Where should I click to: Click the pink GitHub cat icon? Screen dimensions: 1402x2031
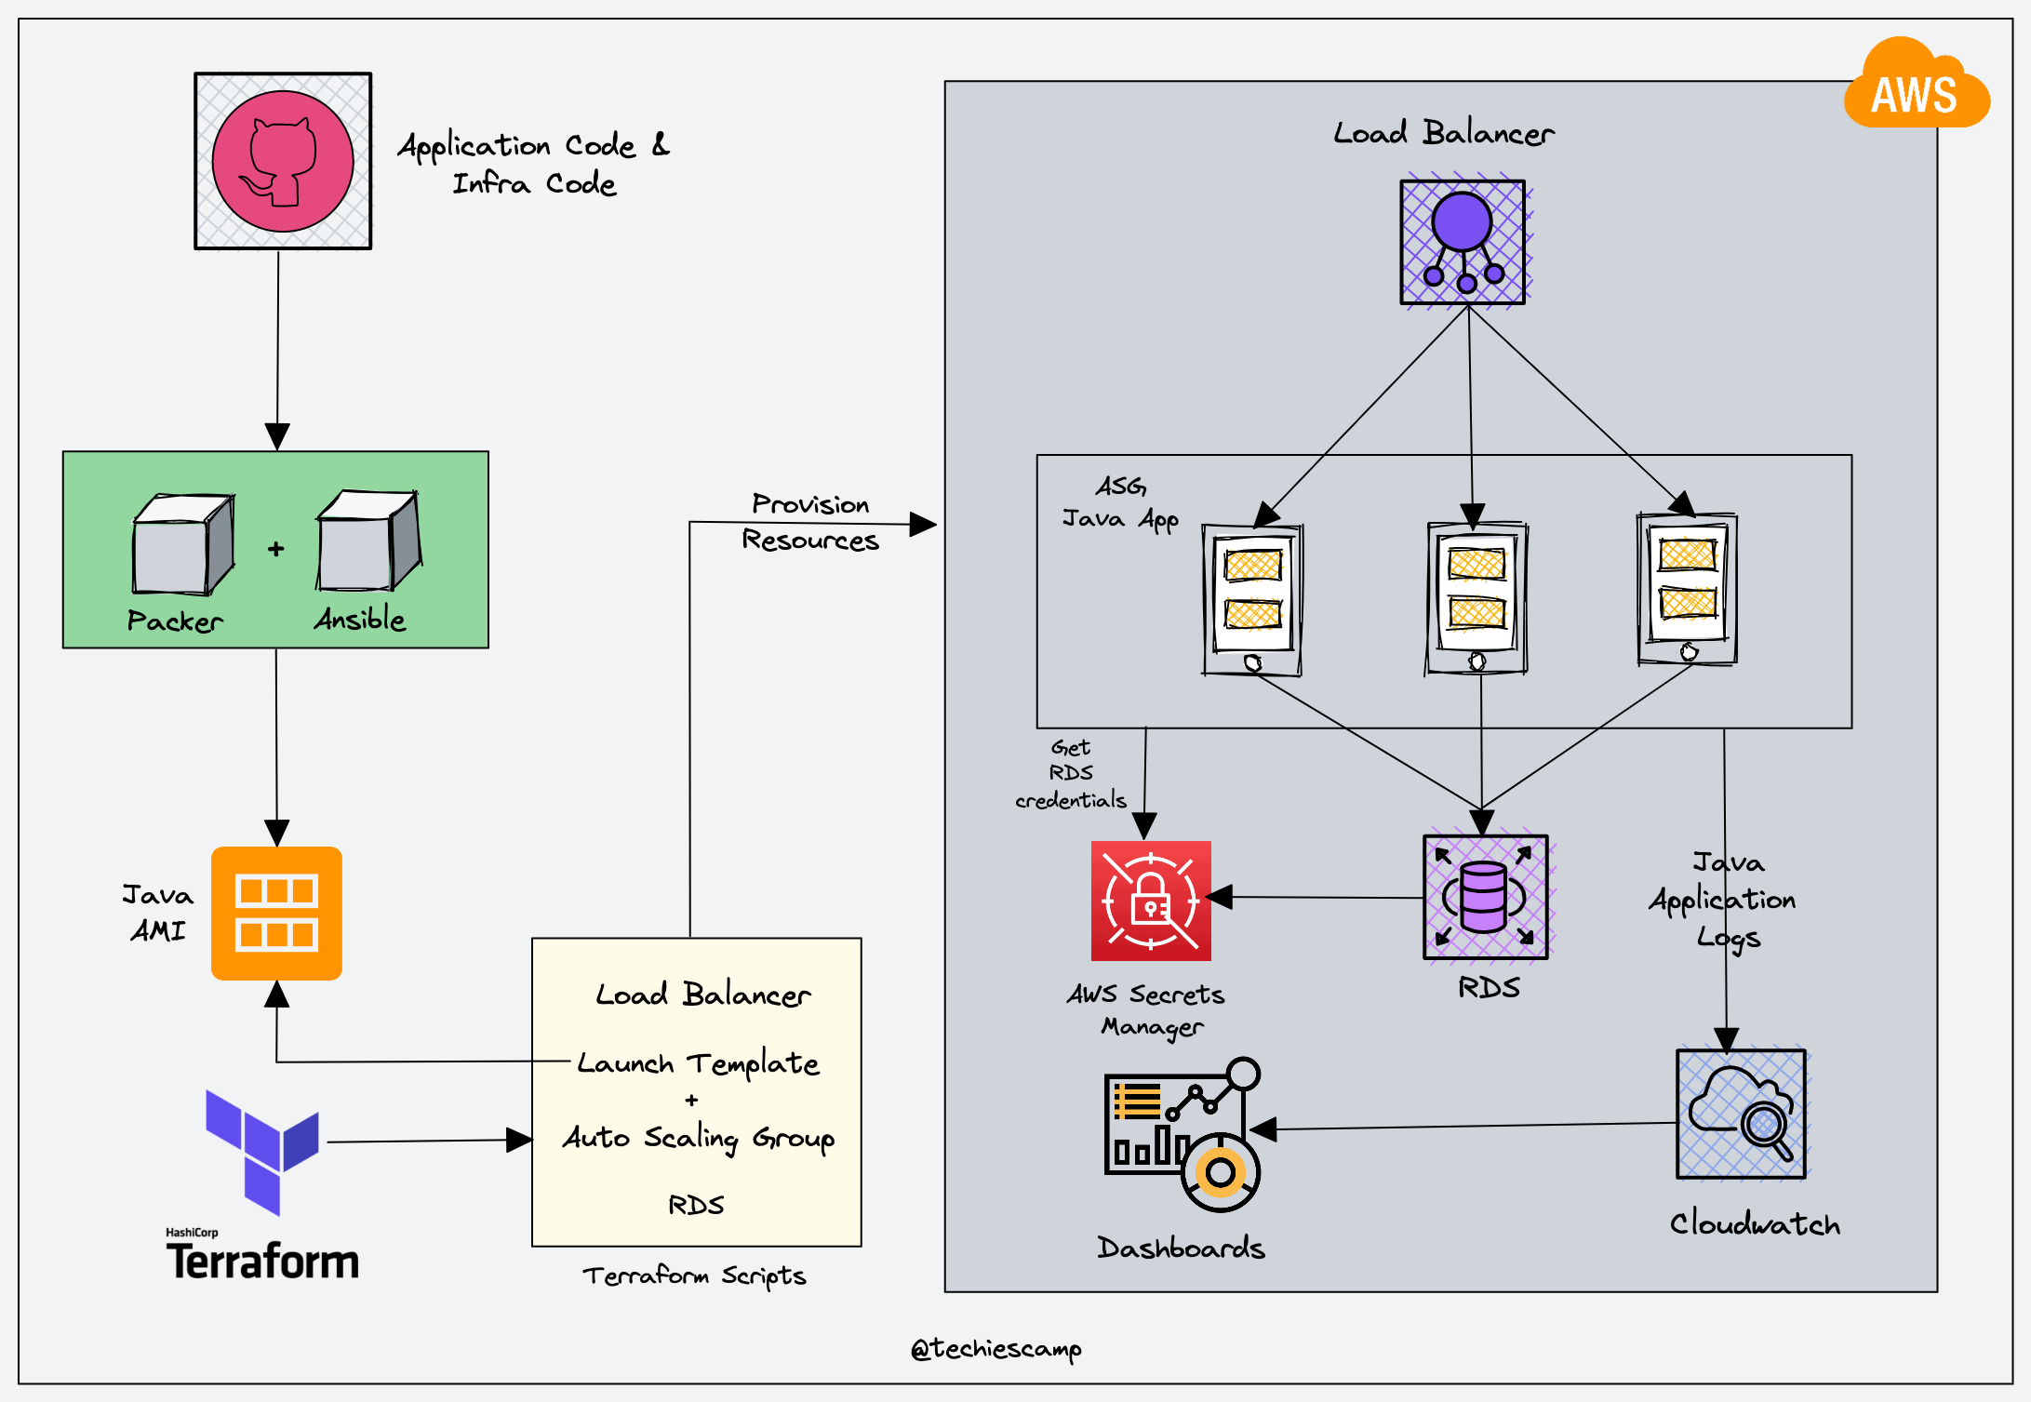283,161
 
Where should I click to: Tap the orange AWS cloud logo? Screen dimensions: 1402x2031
1916,87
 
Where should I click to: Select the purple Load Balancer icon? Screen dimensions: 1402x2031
1463,242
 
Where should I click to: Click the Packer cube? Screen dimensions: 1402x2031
182,545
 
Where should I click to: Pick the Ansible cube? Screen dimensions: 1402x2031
368,541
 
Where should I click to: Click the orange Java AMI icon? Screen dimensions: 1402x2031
276,913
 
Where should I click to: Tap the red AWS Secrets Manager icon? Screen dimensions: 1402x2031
1151,901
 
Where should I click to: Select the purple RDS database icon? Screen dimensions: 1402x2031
1485,898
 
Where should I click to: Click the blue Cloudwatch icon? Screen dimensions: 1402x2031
1741,1114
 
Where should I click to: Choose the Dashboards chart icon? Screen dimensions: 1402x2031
1183,1134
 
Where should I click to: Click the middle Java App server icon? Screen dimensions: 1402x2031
1477,597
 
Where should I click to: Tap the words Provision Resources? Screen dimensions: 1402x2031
810,522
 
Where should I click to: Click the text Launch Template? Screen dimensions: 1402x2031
698,1063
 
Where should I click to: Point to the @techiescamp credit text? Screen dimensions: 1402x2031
995,1349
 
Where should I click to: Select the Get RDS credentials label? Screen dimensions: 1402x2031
1071,773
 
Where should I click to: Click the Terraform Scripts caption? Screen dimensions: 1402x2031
694,1275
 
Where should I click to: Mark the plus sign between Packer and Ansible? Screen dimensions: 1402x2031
275,549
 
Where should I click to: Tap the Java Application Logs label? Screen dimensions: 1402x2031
1724,900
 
